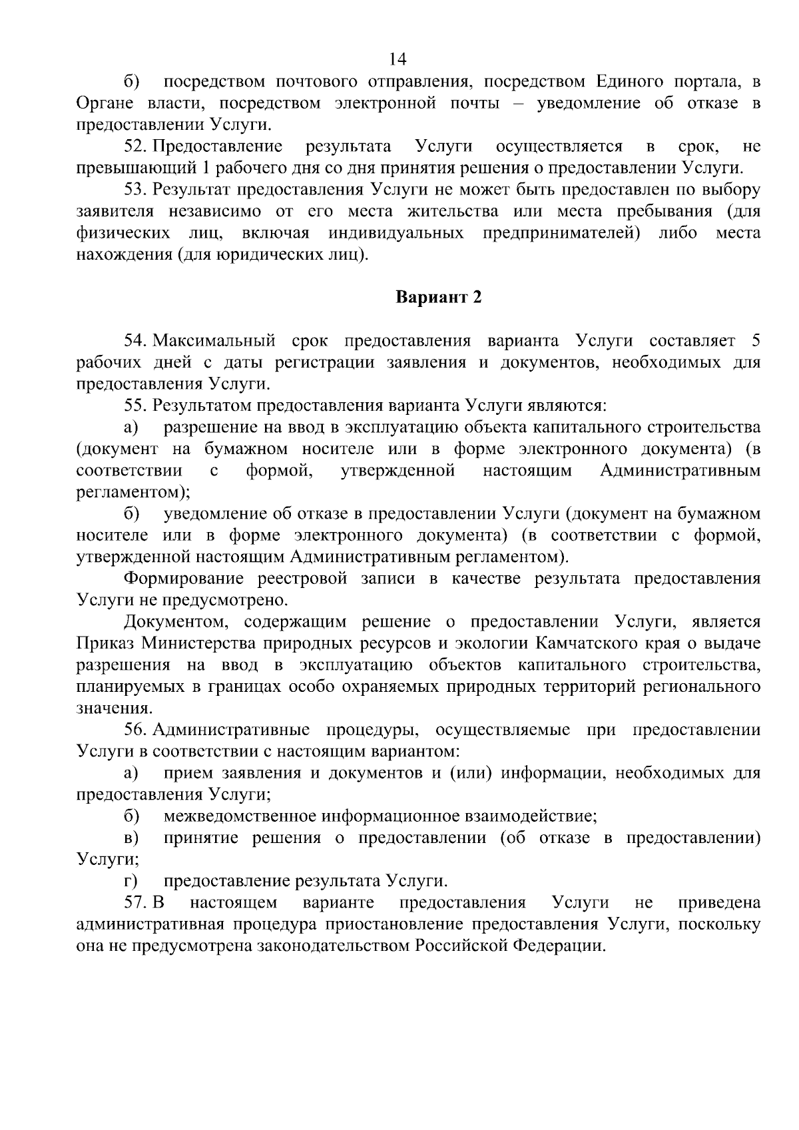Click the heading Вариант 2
(x=438, y=297)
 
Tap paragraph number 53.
(x=135, y=190)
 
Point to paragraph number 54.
(x=135, y=342)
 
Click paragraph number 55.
(x=135, y=406)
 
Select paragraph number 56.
(x=135, y=730)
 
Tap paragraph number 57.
(x=135, y=903)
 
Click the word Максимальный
(x=214, y=342)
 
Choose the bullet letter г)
(x=131, y=882)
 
